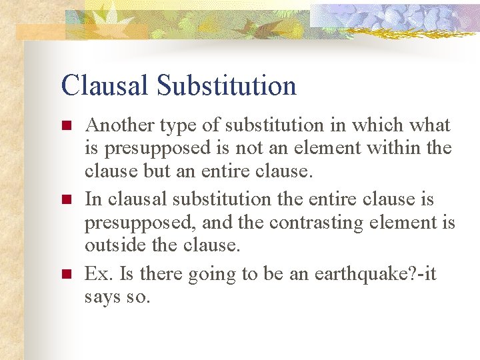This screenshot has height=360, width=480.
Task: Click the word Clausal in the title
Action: [x=106, y=86]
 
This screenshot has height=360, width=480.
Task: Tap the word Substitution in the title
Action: [x=227, y=86]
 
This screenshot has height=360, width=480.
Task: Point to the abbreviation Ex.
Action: [x=98, y=274]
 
